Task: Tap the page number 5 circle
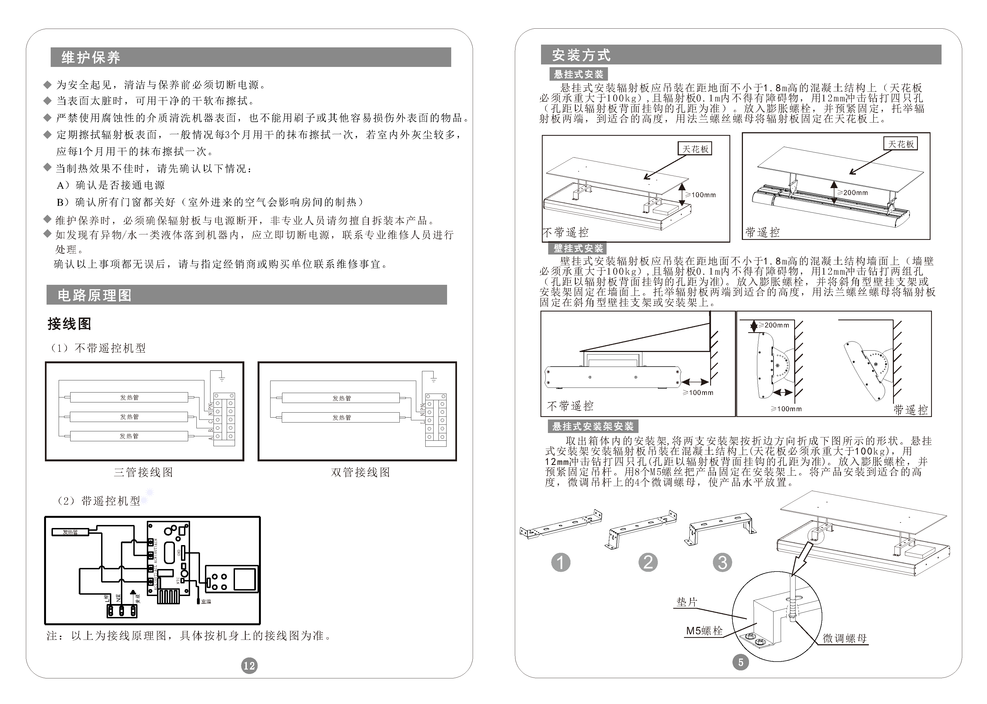pos(740,662)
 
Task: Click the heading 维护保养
pos(91,57)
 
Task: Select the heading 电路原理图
pos(94,295)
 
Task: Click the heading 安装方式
pos(581,55)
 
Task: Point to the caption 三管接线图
pos(144,472)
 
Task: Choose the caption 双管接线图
pos(360,472)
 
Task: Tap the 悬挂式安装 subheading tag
pos(578,74)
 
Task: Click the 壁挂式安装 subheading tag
pos(578,248)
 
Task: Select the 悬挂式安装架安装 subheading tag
pos(593,427)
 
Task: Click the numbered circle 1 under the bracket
pos(561,562)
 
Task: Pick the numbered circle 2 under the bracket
pos(648,562)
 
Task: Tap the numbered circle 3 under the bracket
pos(722,562)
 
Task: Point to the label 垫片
pos(687,602)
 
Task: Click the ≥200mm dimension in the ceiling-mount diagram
pos(855,193)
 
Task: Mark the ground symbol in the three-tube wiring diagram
pos(222,379)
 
